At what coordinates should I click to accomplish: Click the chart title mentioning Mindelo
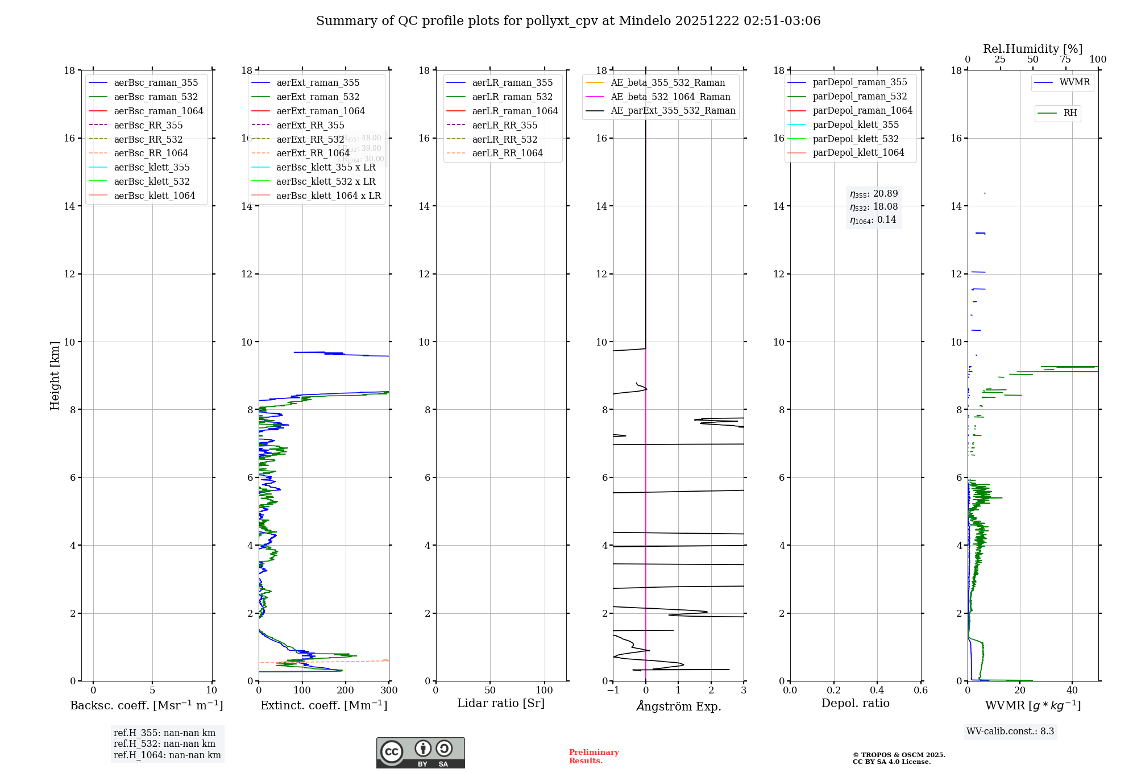click(568, 21)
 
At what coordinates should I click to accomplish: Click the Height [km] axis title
click(55, 376)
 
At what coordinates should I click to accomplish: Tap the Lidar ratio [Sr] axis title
click(501, 703)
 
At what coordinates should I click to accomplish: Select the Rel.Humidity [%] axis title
click(1032, 49)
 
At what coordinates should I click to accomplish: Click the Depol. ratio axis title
click(855, 703)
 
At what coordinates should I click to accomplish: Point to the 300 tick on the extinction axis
click(389, 691)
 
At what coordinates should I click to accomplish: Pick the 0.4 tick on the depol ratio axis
click(877, 691)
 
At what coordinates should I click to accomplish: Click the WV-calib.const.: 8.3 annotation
click(1010, 732)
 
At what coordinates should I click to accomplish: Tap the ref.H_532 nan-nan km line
click(164, 744)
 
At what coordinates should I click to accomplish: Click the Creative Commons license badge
click(420, 753)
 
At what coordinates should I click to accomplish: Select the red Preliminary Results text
click(594, 757)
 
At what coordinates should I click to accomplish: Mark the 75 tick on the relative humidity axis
click(1065, 60)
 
